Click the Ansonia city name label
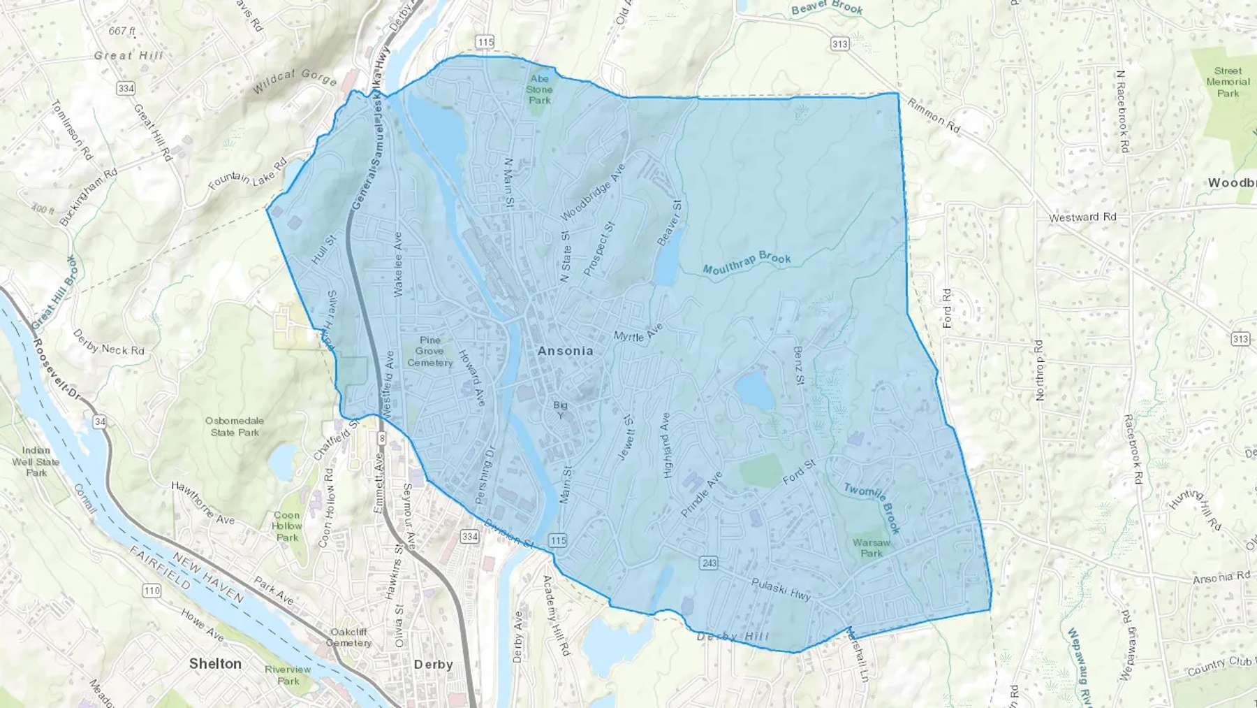pyautogui.click(x=566, y=351)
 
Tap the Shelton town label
pyautogui.click(x=215, y=664)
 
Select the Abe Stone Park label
pyautogui.click(x=539, y=89)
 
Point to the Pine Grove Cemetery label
pyautogui.click(x=430, y=352)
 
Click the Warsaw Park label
pyautogui.click(x=872, y=548)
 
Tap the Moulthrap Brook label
pyautogui.click(x=747, y=263)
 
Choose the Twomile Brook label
pyautogui.click(x=873, y=507)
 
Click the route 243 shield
pyautogui.click(x=709, y=563)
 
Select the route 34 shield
pyautogui.click(x=100, y=421)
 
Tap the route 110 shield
pyautogui.click(x=152, y=591)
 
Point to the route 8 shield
pyautogui.click(x=381, y=438)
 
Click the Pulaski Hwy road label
pyautogui.click(x=781, y=589)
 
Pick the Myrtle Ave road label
pyautogui.click(x=638, y=333)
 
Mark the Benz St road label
pyautogui.click(x=799, y=365)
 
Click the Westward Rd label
pyautogui.click(x=1082, y=217)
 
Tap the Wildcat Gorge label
pyautogui.click(x=294, y=82)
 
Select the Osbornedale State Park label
pyautogui.click(x=235, y=426)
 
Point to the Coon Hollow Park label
pyautogui.click(x=287, y=526)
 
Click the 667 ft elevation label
pyautogui.click(x=122, y=31)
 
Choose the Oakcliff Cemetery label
pyautogui.click(x=348, y=637)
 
